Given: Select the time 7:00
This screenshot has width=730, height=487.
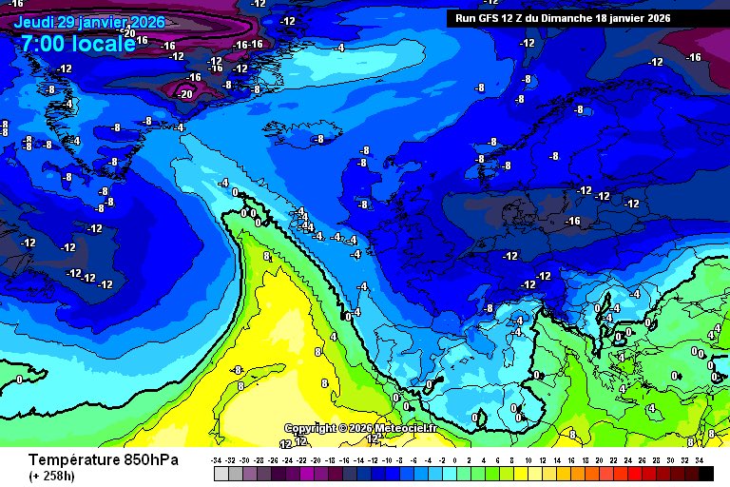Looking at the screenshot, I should [44, 44].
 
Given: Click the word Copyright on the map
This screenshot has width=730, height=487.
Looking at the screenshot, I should [311, 429].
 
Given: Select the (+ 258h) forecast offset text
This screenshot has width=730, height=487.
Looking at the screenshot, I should [52, 476].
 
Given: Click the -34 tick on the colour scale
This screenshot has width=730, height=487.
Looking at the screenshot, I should [218, 458].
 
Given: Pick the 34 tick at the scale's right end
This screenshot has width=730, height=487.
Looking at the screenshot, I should [699, 458].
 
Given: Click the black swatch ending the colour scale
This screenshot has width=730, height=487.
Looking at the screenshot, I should [705, 473].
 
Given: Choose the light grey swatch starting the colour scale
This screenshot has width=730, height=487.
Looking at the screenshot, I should [221, 473].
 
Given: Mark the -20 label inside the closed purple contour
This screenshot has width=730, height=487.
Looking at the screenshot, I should [185, 93].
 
